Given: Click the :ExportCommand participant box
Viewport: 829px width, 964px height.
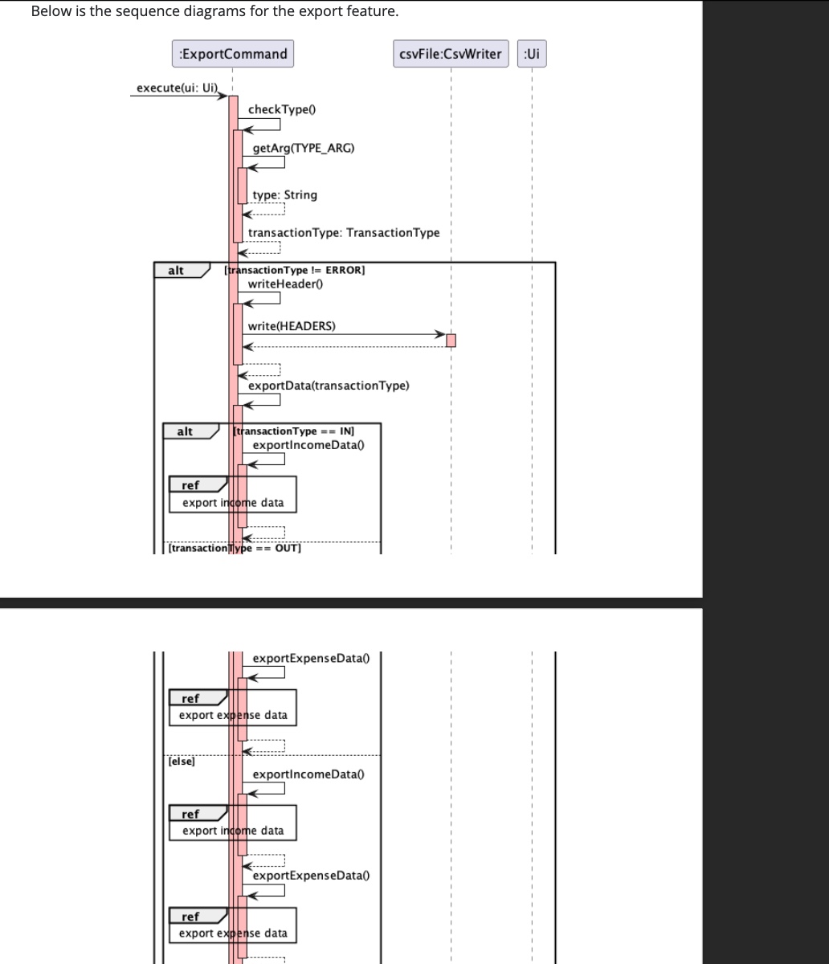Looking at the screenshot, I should coord(232,54).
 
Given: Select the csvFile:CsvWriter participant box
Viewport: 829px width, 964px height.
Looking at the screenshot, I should coord(451,54).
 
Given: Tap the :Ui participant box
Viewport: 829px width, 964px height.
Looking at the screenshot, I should coord(532,54).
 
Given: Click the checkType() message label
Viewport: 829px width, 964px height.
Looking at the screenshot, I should coord(277,109).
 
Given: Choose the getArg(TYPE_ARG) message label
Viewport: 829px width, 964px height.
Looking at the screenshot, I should coord(303,148).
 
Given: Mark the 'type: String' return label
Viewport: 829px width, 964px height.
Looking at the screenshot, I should coord(284,194).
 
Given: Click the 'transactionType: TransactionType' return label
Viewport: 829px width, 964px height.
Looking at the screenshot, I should coord(344,232).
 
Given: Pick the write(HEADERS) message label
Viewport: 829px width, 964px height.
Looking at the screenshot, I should coord(292,325).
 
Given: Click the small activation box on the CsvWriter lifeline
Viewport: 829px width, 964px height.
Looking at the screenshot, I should coord(451,341).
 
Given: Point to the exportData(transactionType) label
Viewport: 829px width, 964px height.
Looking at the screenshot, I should coord(329,386).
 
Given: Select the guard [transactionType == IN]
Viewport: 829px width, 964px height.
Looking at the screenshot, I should coord(293,431).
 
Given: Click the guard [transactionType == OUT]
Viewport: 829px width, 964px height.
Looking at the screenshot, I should coord(235,548).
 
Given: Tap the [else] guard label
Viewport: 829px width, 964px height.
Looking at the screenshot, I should coord(182,761).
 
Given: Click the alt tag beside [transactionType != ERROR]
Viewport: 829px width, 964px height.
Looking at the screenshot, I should coord(175,271).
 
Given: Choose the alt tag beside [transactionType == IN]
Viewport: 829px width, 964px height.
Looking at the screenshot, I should coord(185,431).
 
